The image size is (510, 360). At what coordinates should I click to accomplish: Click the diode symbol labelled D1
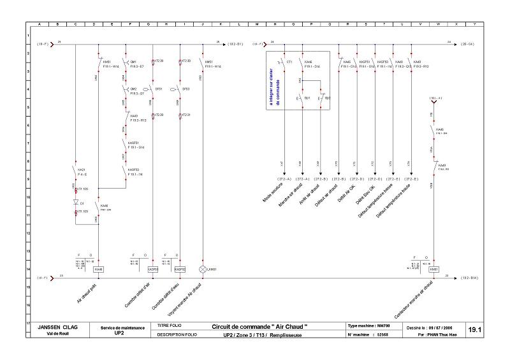click(75, 203)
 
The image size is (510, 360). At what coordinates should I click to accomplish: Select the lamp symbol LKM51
click(203, 270)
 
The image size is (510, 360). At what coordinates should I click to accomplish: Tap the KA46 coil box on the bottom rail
click(98, 270)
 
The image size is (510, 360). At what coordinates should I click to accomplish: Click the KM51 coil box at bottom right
click(433, 270)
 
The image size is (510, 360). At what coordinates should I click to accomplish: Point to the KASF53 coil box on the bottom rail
click(180, 270)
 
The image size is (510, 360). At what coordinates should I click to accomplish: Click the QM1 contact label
click(133, 62)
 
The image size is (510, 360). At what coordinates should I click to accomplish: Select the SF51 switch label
click(159, 89)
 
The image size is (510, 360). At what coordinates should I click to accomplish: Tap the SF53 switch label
click(186, 89)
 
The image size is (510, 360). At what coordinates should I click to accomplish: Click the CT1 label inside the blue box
click(289, 62)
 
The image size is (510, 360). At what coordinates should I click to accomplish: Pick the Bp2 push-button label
click(328, 98)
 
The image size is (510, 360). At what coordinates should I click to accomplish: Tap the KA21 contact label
click(82, 169)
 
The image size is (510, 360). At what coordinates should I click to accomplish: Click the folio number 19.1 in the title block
click(475, 330)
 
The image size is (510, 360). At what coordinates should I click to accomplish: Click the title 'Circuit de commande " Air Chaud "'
click(259, 326)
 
